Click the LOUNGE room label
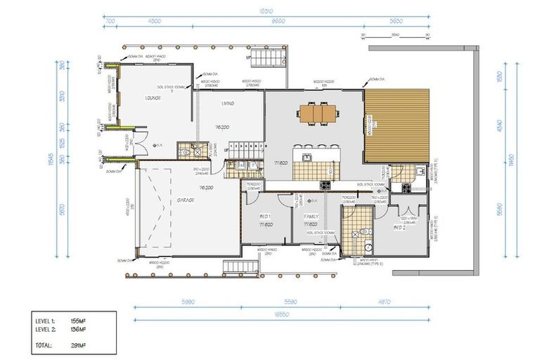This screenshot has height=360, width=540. pos(153,98)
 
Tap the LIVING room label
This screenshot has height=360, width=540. pos(228,103)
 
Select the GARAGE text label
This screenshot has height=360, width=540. pos(186,200)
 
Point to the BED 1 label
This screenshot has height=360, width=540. pos(265,217)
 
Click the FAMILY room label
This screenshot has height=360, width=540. pos(311,217)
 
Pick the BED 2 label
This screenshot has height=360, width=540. pos(400,229)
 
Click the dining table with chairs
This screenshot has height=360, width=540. pos(315,112)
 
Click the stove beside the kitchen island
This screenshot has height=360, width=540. pos(326,186)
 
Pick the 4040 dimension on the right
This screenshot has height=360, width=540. pos(499,127)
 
